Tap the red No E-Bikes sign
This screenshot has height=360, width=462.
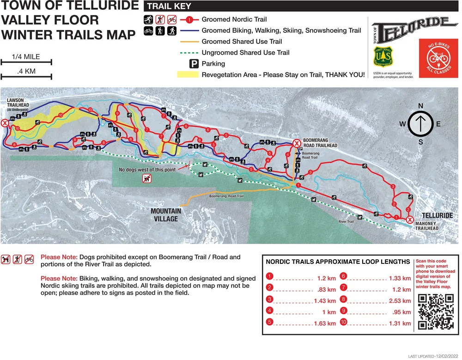[x=435, y=58]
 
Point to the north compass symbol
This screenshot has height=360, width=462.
[x=420, y=123]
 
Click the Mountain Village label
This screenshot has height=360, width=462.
[x=166, y=215]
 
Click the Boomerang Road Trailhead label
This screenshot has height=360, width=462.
[x=320, y=143]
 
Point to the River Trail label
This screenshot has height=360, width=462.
[x=346, y=222]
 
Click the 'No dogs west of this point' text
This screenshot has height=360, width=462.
[x=147, y=170]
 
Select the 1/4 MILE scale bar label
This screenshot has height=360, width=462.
[x=25, y=57]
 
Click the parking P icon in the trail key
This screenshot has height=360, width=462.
[x=194, y=64]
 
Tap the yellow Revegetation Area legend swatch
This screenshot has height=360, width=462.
[x=187, y=74]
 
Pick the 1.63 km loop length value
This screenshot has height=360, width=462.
[x=324, y=323]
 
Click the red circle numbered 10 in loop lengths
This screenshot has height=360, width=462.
[x=343, y=323]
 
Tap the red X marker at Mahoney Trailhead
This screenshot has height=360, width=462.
[x=409, y=220]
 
